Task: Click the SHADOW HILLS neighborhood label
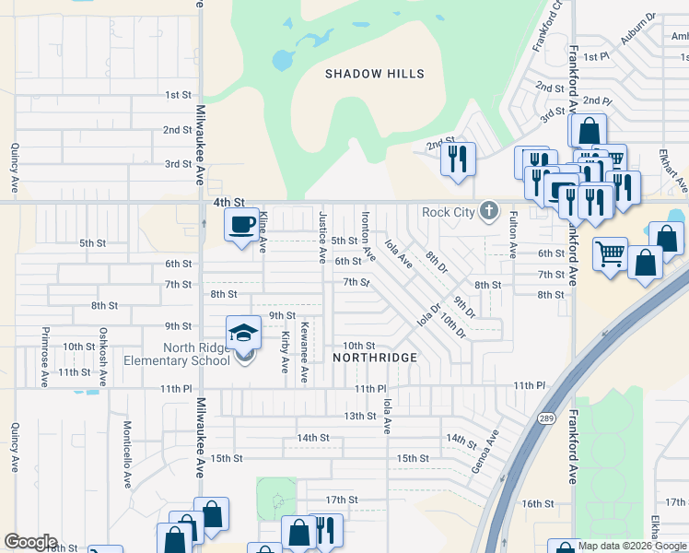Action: coord(375,74)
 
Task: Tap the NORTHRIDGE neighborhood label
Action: coord(375,357)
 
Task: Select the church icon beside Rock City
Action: coord(488,213)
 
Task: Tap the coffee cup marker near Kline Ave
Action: coord(242,225)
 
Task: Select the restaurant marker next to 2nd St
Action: coord(457,159)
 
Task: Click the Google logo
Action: coord(30,542)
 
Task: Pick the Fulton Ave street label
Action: coord(513,233)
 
